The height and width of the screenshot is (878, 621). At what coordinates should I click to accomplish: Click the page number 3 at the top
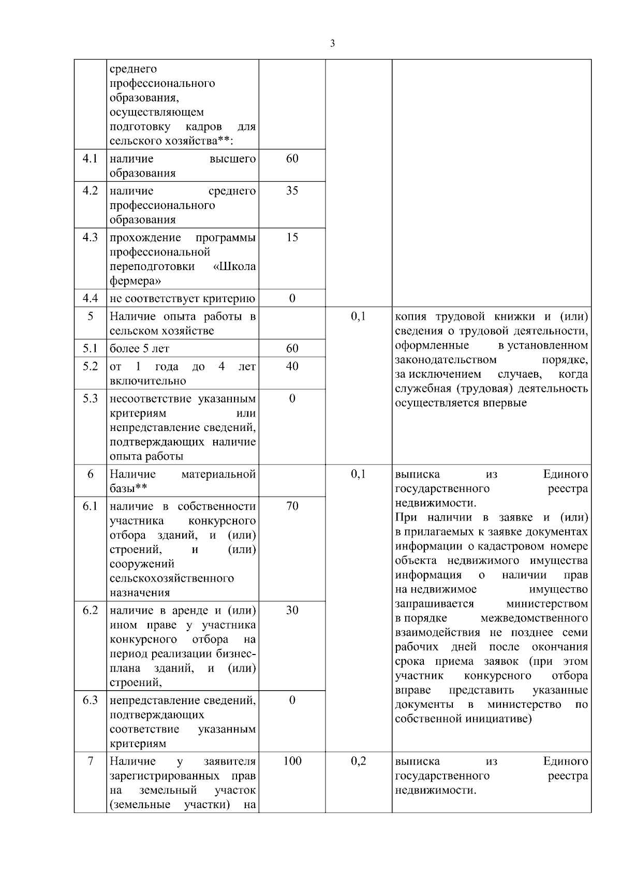click(x=332, y=43)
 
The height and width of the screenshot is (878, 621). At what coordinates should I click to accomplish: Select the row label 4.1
click(x=90, y=159)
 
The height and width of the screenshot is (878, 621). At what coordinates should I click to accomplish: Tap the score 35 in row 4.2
click(x=292, y=191)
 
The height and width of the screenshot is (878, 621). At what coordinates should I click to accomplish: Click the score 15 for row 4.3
click(x=292, y=237)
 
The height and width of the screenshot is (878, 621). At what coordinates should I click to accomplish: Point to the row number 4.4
click(x=90, y=298)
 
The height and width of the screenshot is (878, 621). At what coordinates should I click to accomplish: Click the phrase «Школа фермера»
click(x=183, y=274)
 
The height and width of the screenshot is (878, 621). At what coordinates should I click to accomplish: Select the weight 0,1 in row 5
click(x=358, y=316)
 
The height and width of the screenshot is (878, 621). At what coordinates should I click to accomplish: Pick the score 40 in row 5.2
click(x=292, y=366)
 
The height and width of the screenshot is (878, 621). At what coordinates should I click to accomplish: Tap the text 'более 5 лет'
click(x=139, y=349)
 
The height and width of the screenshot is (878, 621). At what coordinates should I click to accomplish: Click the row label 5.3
click(x=90, y=398)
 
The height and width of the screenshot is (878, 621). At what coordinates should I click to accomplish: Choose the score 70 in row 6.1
click(x=292, y=506)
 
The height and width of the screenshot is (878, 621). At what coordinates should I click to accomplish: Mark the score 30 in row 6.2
click(x=292, y=611)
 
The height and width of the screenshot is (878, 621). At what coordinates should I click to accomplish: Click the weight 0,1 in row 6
click(x=358, y=474)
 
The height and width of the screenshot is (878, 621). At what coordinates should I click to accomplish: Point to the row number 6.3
click(x=90, y=701)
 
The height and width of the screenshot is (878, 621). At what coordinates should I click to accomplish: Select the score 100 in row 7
click(x=292, y=762)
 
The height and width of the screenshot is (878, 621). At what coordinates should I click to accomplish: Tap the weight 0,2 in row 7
click(x=358, y=762)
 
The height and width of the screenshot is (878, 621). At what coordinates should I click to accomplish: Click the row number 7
click(x=90, y=762)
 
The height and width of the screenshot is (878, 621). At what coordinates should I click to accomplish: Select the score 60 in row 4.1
click(x=292, y=159)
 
